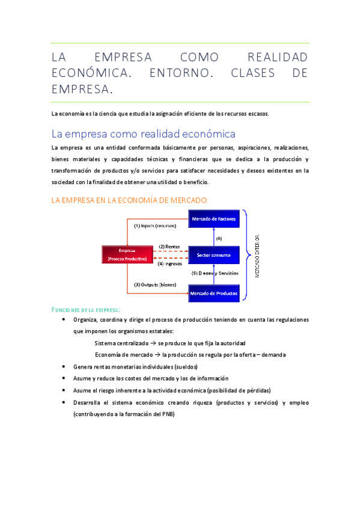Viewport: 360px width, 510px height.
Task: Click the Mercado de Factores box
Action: pos(214,218)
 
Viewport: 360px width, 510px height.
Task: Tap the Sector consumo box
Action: pos(214,255)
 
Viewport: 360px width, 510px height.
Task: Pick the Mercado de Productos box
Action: pos(214,293)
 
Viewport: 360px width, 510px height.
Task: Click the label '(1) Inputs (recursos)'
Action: pos(155,226)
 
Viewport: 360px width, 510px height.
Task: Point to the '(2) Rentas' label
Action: pos(169,247)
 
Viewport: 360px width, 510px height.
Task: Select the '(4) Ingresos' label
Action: pos(169,263)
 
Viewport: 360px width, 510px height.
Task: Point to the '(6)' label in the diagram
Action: pos(219,238)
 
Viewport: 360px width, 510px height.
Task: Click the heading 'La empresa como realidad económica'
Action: pos(144,133)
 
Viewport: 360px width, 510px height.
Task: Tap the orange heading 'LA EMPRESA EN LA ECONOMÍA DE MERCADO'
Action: pos(130,200)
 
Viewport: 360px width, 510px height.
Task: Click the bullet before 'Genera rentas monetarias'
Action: pos(65,366)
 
